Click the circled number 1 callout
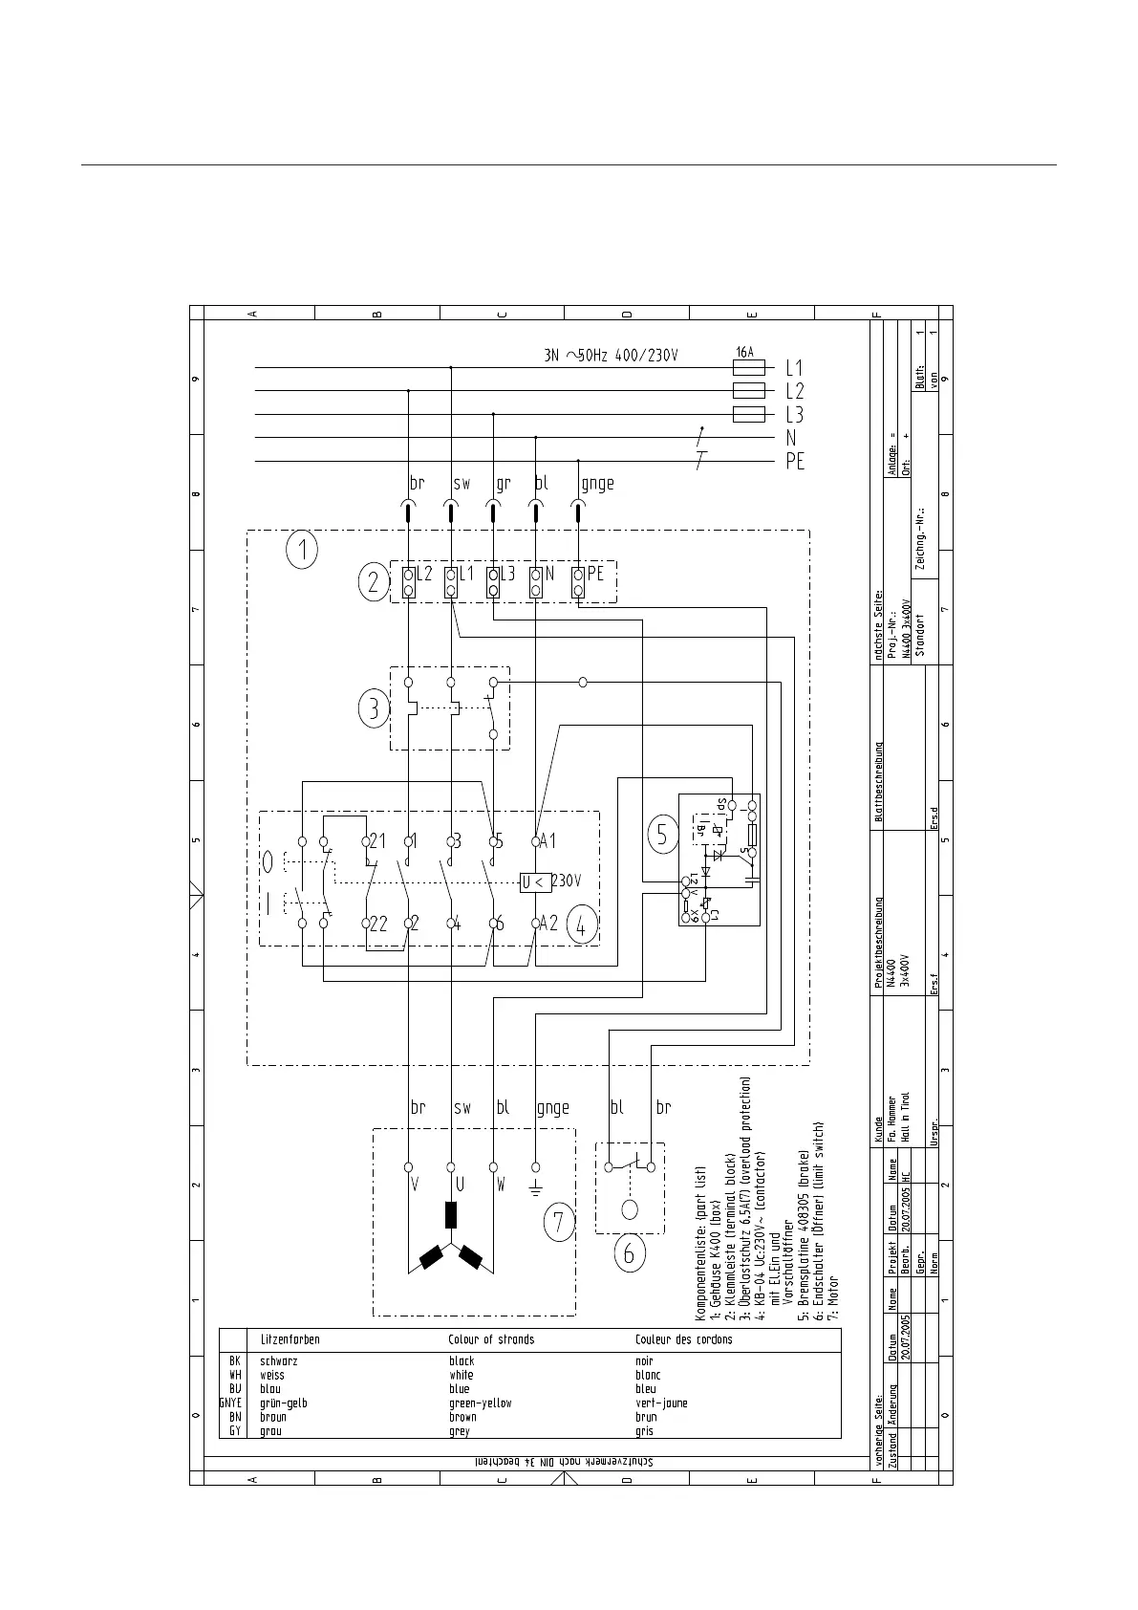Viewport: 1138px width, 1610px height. [x=302, y=551]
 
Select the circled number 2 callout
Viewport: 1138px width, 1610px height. [x=374, y=582]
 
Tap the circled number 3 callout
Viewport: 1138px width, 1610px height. [x=374, y=709]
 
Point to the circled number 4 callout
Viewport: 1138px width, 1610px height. [x=582, y=924]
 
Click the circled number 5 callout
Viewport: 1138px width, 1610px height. [x=662, y=835]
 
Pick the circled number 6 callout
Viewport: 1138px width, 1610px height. [x=629, y=1252]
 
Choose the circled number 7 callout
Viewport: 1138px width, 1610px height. [x=559, y=1222]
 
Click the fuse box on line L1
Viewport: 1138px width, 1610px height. [x=748, y=367]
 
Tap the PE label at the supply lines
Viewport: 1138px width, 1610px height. [x=795, y=461]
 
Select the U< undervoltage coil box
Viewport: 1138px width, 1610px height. [x=534, y=881]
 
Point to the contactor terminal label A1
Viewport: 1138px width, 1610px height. [x=548, y=841]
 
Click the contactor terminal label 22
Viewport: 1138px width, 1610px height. [x=378, y=924]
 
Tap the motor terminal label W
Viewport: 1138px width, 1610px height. [x=501, y=1185]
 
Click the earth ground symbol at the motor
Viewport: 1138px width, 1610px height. [x=535, y=1189]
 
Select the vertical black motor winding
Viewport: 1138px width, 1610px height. [x=451, y=1214]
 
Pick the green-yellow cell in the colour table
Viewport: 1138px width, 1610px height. [x=481, y=1403]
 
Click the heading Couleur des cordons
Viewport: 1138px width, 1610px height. [x=684, y=1339]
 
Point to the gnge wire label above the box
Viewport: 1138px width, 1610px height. [x=597, y=484]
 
